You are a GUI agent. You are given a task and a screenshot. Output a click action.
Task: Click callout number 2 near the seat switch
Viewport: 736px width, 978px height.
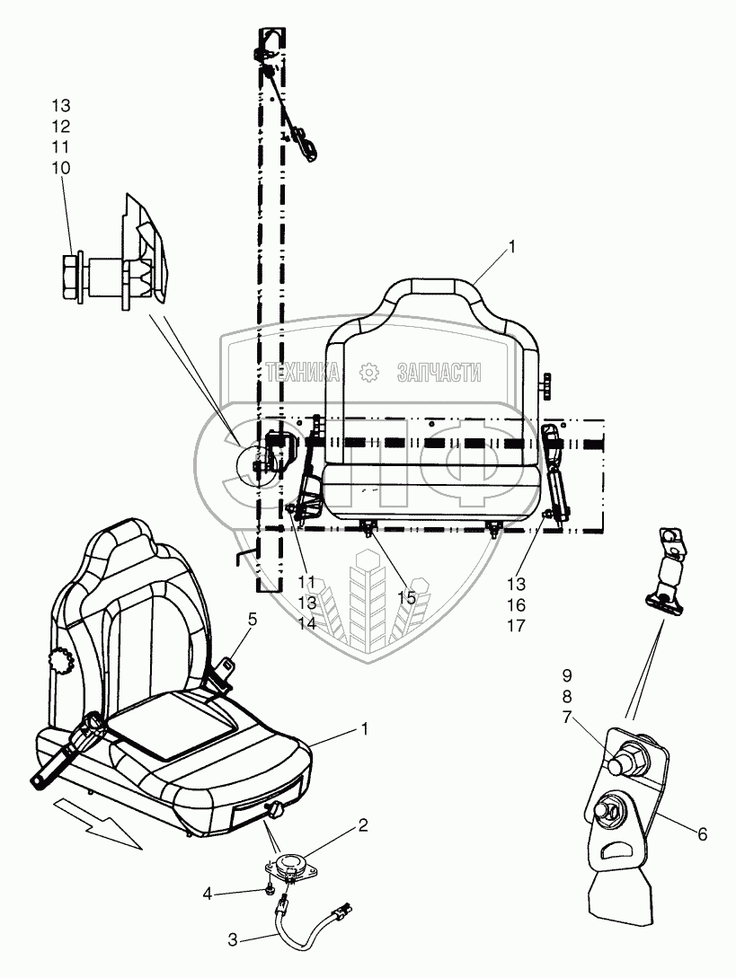point(362,824)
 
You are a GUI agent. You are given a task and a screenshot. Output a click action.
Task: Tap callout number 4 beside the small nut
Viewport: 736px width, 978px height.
point(208,894)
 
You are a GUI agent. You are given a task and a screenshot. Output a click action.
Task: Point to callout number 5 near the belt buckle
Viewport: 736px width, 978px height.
point(253,618)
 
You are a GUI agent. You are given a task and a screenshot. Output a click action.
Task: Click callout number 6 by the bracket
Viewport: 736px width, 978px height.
point(702,834)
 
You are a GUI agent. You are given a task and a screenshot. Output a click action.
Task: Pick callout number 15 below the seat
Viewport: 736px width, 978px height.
point(407,596)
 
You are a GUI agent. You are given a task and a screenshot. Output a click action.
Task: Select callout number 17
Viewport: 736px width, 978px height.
point(541,625)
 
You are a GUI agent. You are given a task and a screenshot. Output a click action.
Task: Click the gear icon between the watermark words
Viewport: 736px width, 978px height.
point(367,373)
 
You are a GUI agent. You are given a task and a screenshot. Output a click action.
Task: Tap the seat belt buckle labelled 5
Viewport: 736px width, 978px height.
point(225,669)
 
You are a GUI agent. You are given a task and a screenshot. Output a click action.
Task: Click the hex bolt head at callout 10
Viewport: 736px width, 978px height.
point(70,269)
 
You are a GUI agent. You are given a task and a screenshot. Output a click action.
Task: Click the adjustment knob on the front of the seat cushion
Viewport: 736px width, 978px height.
point(276,811)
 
